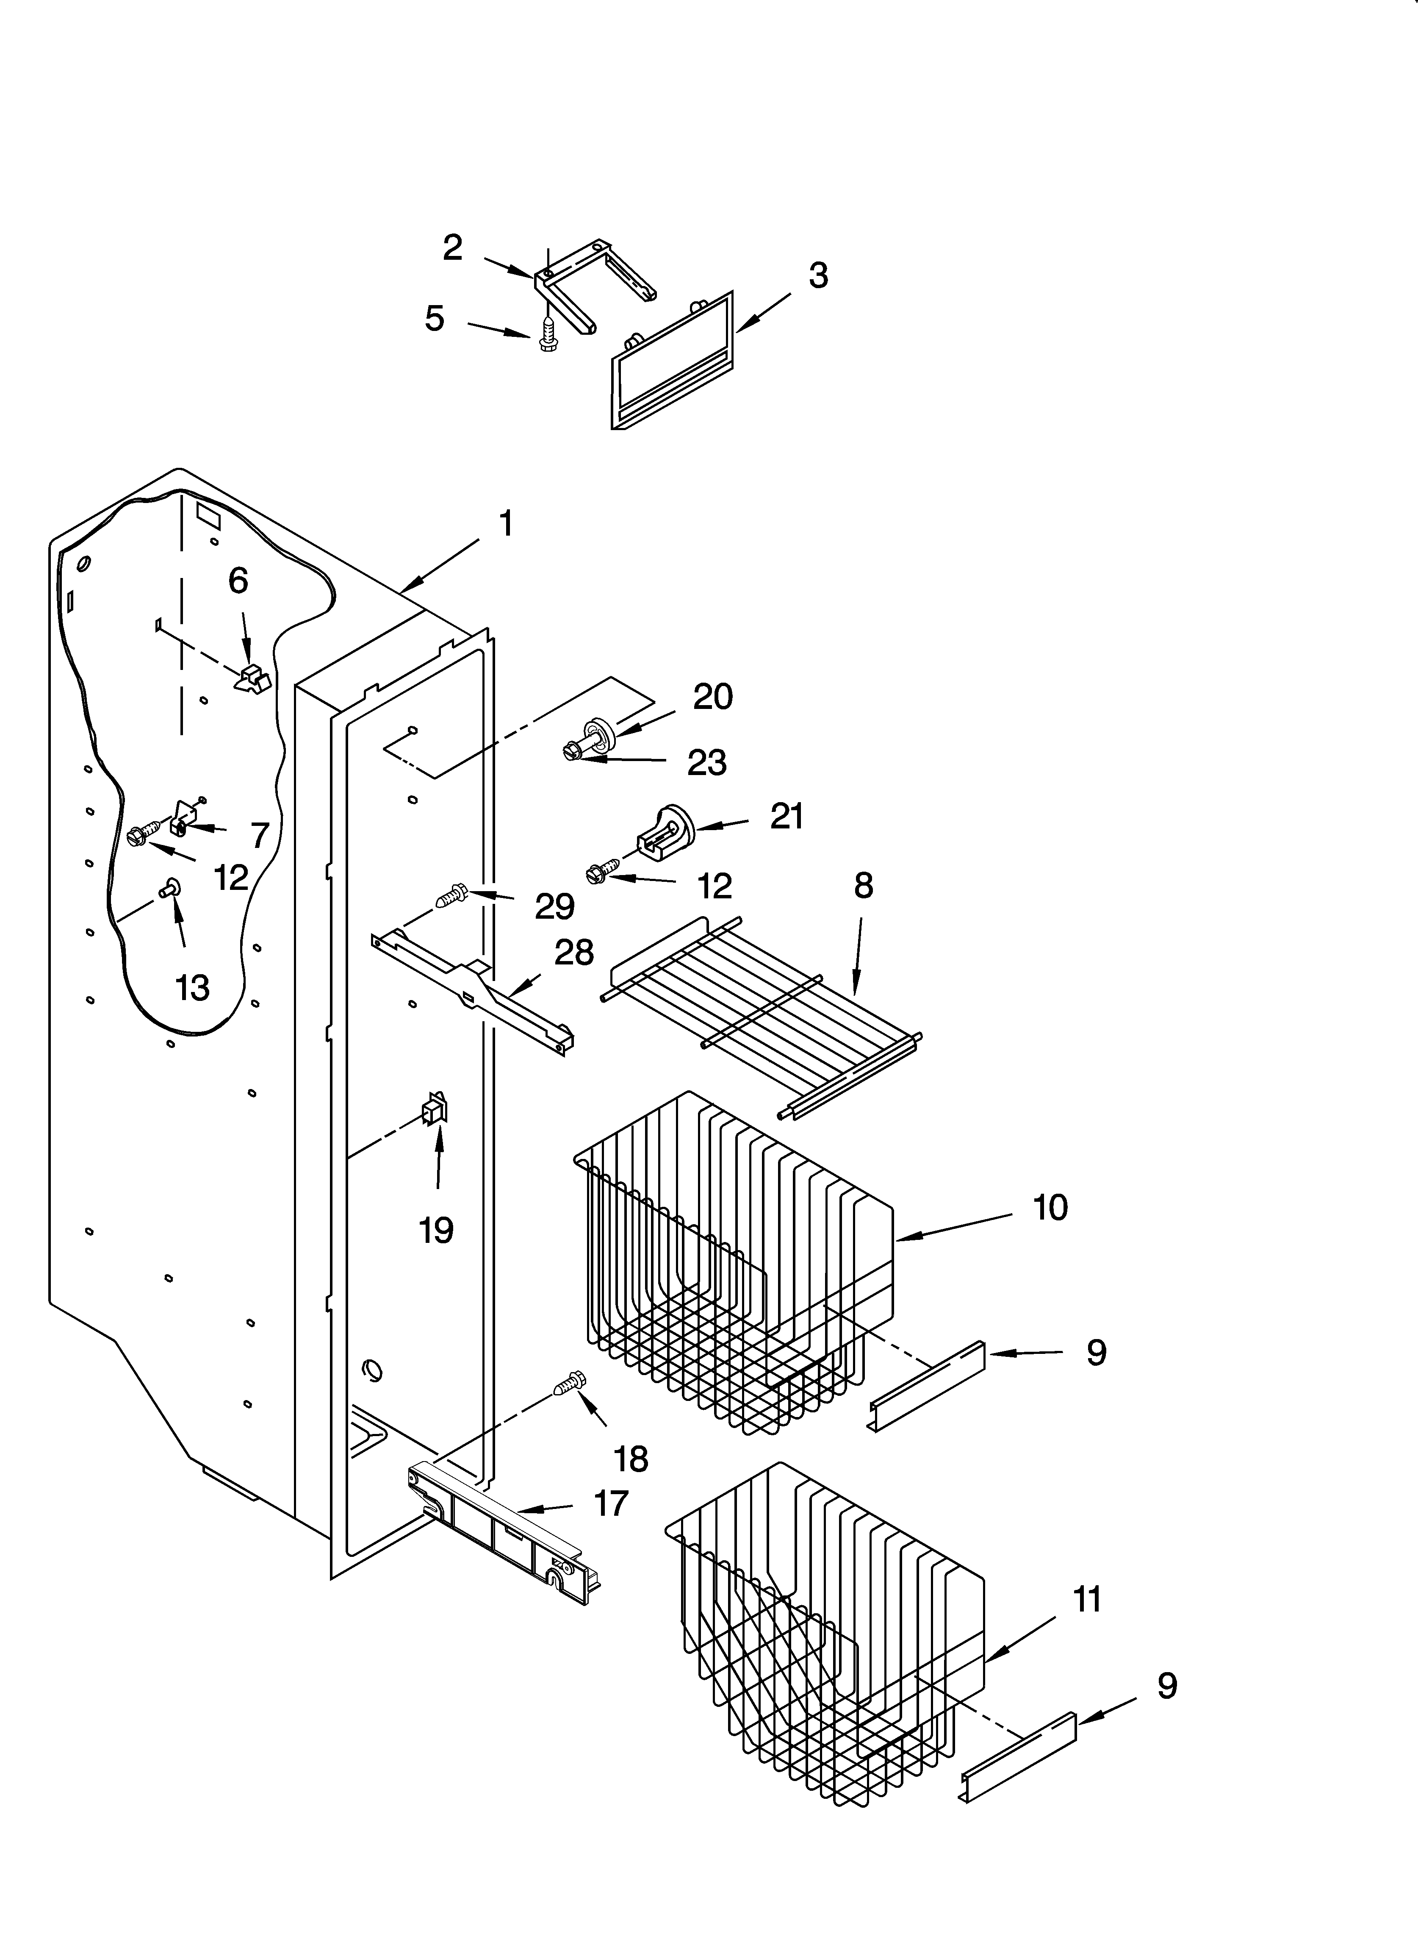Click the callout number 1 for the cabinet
click(x=506, y=523)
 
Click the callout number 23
click(x=706, y=763)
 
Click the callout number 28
click(x=573, y=953)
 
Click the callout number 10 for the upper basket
click(x=1050, y=1208)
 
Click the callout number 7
click(x=260, y=835)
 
